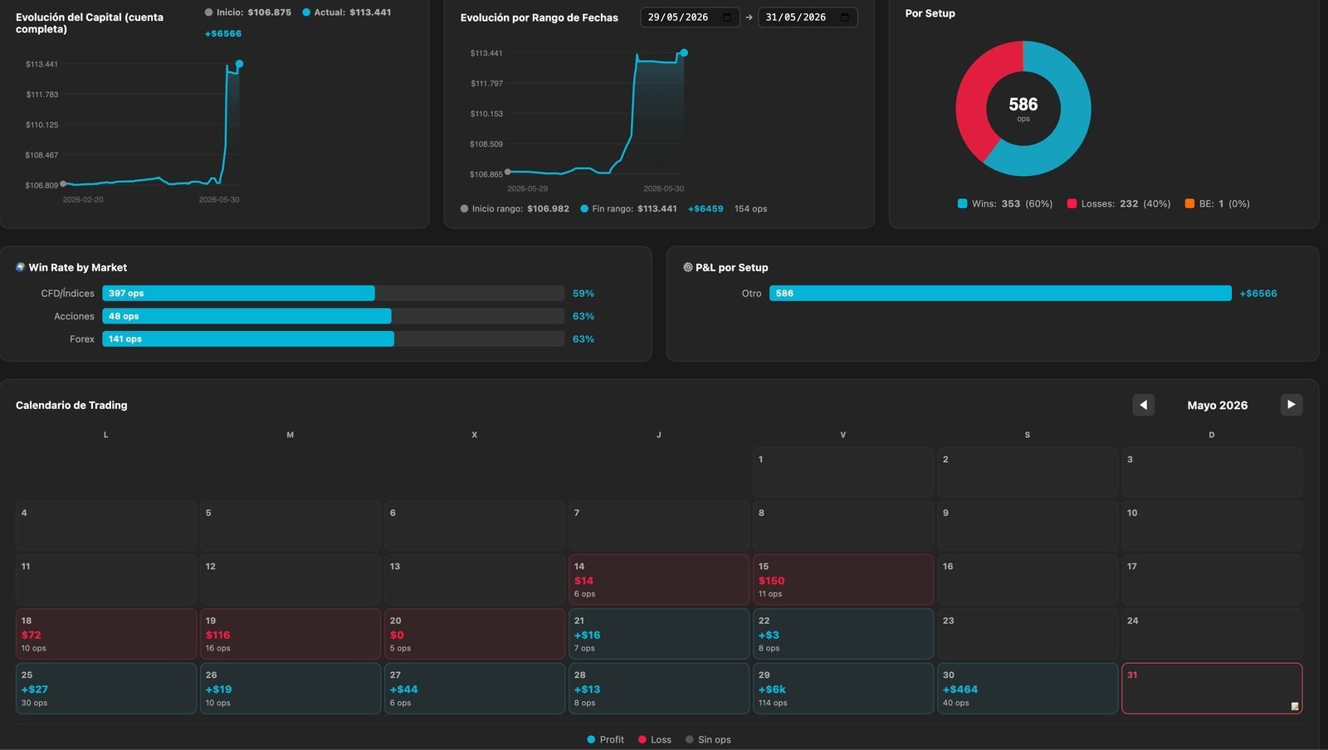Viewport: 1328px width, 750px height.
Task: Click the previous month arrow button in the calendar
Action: [1143, 405]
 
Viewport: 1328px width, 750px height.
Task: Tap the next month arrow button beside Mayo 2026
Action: [1291, 405]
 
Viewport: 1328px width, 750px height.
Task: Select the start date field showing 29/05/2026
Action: [690, 17]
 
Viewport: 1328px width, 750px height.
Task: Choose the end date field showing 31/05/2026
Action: [808, 17]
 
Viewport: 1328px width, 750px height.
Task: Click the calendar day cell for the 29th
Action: [843, 689]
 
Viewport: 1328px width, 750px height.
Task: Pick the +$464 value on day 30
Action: [959, 689]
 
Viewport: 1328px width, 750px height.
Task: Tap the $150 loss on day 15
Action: [771, 581]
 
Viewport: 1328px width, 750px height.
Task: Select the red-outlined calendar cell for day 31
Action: [1212, 689]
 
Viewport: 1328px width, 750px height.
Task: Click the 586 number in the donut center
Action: [1023, 105]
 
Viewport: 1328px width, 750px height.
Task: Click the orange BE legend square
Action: [1189, 204]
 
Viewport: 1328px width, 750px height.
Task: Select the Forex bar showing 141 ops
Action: [248, 338]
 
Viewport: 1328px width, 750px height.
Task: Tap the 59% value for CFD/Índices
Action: [583, 293]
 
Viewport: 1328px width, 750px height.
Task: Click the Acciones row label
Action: [74, 316]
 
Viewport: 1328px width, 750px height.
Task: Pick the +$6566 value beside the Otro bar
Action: [1258, 293]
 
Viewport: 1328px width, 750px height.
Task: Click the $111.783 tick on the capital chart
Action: [42, 95]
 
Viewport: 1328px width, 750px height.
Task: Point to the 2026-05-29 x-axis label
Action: [528, 188]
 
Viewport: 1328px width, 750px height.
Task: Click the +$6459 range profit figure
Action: [705, 208]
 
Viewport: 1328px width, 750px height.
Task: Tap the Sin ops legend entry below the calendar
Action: [708, 739]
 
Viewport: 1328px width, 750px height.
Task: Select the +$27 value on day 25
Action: [34, 689]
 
